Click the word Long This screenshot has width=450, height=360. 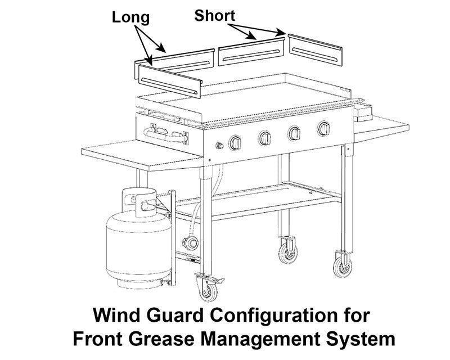click(130, 17)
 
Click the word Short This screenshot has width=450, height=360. click(214, 15)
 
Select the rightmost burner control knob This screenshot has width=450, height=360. click(324, 129)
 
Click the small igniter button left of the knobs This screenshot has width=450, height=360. click(219, 147)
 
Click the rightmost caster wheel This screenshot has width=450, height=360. click(341, 264)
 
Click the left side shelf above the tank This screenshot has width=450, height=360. click(141, 157)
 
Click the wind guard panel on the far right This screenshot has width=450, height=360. click(314, 51)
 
